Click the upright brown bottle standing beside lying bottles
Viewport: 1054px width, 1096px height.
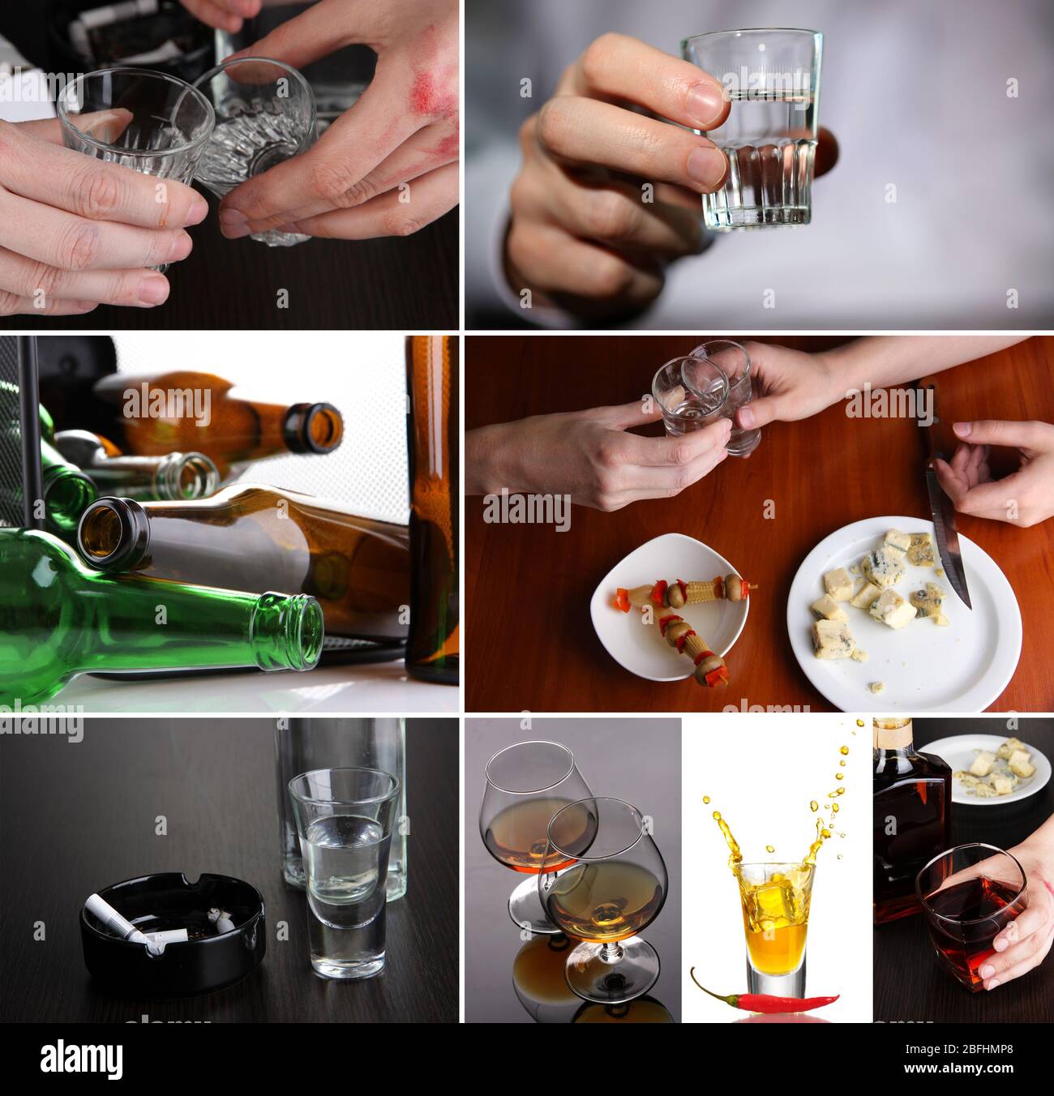click(x=431, y=503)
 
